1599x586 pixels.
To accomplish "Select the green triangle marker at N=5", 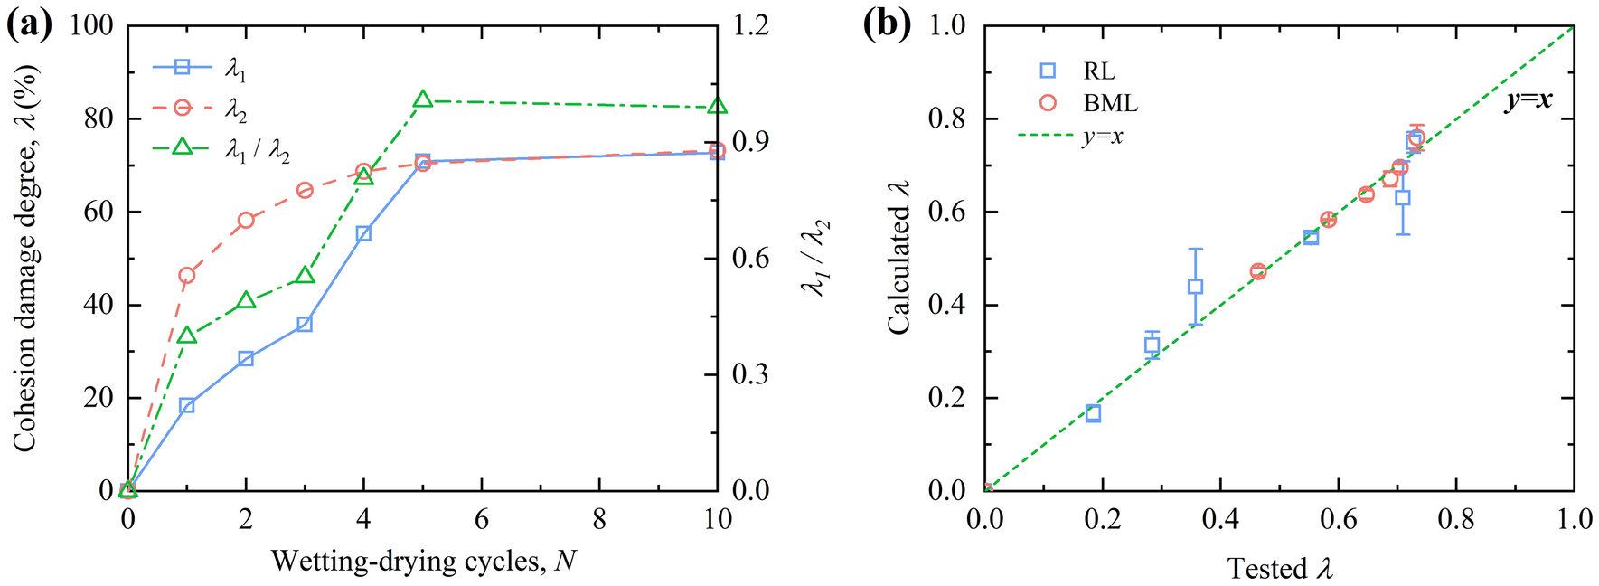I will click(x=422, y=99).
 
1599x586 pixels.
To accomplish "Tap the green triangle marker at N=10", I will click(x=717, y=107).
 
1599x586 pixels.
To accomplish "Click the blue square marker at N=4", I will click(x=363, y=233).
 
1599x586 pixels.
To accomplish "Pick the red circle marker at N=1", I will click(x=187, y=275).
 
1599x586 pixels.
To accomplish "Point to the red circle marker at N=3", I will click(x=305, y=190).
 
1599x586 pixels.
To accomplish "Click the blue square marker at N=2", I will click(x=246, y=359).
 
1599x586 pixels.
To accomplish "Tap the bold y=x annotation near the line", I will click(x=1528, y=100).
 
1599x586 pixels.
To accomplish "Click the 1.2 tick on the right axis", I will click(x=750, y=26).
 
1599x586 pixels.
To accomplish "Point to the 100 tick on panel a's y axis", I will click(x=91, y=26).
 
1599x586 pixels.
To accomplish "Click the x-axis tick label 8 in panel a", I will click(x=599, y=520).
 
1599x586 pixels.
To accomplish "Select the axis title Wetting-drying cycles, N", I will click(x=423, y=562).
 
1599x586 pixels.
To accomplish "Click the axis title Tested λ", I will click(x=1279, y=569).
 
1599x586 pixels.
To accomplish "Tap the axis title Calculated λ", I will click(x=898, y=258).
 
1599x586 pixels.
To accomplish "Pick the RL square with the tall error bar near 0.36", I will click(x=1195, y=287).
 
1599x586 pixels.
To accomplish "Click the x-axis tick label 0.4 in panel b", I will click(x=1220, y=520).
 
